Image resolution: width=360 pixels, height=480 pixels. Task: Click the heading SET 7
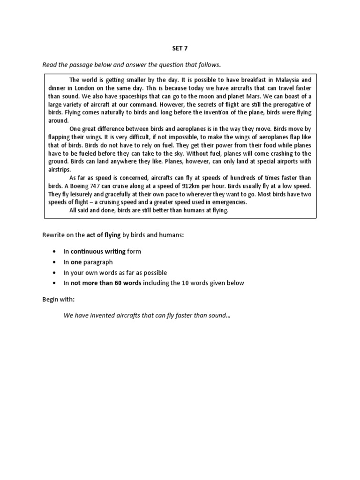coord(180,48)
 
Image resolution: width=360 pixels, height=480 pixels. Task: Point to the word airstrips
coord(59,169)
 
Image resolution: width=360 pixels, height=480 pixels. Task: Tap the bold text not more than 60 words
coord(107,283)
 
